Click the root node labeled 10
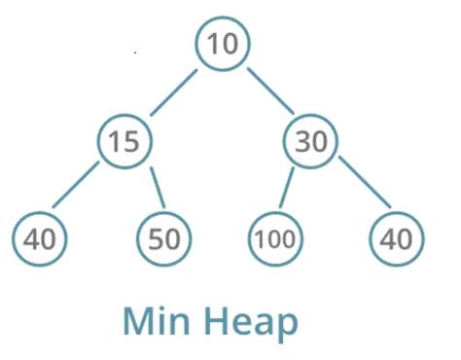point(223,45)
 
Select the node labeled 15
point(124,142)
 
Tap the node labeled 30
point(311,142)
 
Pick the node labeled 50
point(164,238)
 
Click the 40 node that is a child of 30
point(396,238)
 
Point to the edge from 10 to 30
point(269,91)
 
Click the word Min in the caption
point(160,321)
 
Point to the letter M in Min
point(140,321)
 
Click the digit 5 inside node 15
point(131,142)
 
